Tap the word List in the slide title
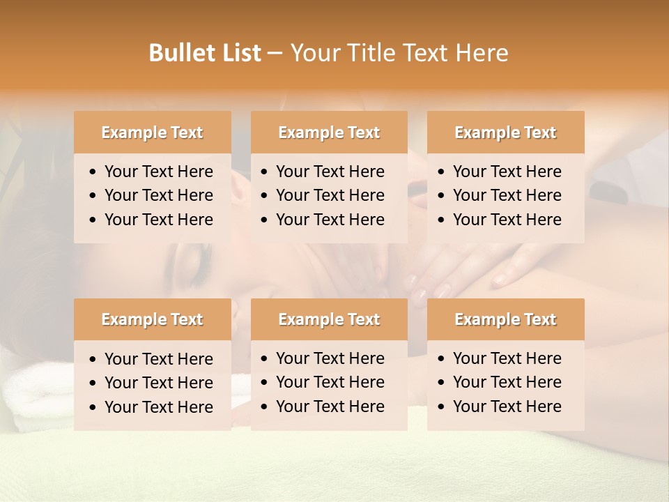[238, 53]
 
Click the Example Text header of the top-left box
[152, 132]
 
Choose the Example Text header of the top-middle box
[329, 132]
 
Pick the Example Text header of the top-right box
[505, 132]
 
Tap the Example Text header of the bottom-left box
[152, 319]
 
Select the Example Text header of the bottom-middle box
[329, 319]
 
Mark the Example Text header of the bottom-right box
[505, 319]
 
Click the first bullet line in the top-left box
[158, 172]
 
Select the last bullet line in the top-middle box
[330, 220]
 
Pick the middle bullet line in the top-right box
[507, 195]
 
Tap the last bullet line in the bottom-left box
[158, 407]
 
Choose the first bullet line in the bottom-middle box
[330, 358]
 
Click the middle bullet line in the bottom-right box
[507, 382]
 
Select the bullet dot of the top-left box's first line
[93, 172]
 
